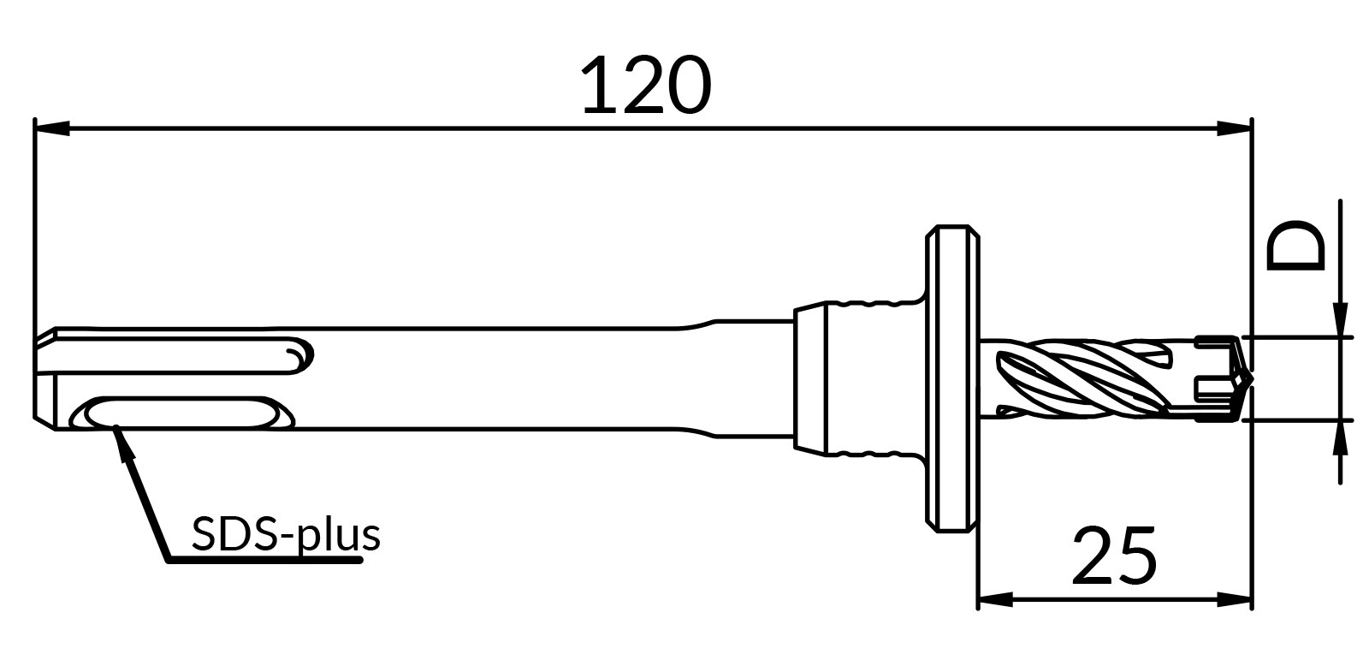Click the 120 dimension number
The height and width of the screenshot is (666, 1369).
pyautogui.click(x=647, y=86)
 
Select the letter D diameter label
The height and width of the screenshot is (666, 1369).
pyautogui.click(x=1295, y=246)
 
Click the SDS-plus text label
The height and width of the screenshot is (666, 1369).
pyautogui.click(x=286, y=534)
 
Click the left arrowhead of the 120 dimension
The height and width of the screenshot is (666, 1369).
pyautogui.click(x=52, y=128)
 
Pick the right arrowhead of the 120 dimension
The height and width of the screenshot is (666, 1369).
pyautogui.click(x=1234, y=128)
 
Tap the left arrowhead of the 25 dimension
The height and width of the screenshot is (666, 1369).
pyautogui.click(x=996, y=600)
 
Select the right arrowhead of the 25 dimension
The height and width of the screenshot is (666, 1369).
pyautogui.click(x=1234, y=600)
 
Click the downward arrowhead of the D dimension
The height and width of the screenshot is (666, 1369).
pyautogui.click(x=1340, y=320)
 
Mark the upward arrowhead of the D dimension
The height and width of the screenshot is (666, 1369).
pyautogui.click(x=1340, y=437)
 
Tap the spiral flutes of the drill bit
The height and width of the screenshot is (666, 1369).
pyautogui.click(x=1087, y=379)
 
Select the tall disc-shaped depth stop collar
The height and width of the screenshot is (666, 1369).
pyautogui.click(x=952, y=379)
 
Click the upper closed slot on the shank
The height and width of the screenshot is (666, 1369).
pyautogui.click(x=177, y=354)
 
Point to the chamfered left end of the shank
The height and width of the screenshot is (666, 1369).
pyautogui.click(x=44, y=379)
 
